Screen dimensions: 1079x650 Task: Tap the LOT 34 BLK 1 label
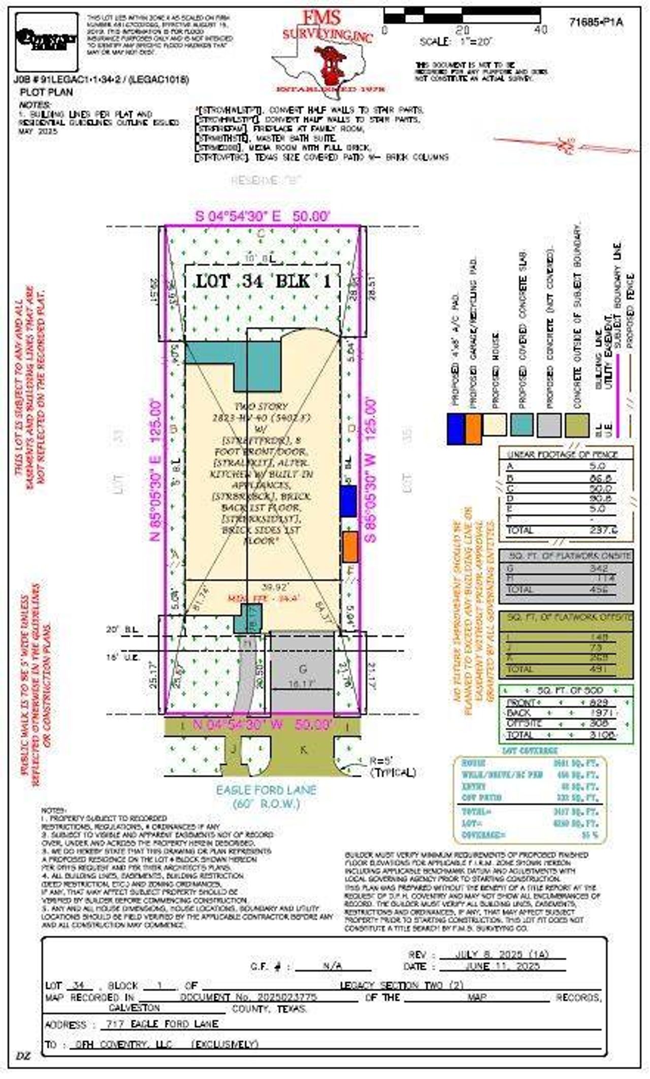[x=263, y=281]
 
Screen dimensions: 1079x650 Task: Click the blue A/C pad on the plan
[x=348, y=501]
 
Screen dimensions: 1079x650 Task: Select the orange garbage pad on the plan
[x=350, y=546]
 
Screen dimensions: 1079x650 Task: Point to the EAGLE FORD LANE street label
[x=266, y=790]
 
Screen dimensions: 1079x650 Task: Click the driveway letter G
[x=303, y=668]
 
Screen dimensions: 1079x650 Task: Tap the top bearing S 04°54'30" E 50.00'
[x=263, y=216]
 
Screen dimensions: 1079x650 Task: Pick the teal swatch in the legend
[x=522, y=424]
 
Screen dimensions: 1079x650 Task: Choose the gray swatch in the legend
[x=549, y=424]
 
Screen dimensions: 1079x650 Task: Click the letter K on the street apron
[x=303, y=749]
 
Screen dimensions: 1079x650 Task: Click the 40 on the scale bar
[x=541, y=30]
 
